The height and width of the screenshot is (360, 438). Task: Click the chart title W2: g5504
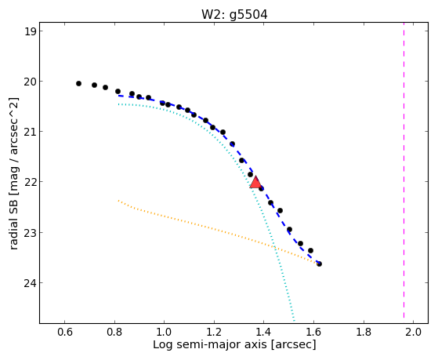tap(234, 15)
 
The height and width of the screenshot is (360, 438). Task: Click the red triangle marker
tap(255, 183)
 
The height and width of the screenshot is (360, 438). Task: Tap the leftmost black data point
tap(79, 83)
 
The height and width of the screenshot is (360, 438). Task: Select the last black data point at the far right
tap(319, 264)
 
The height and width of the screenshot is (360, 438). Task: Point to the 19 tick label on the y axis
tap(30, 31)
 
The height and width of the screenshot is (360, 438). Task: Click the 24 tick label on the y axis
tap(29, 283)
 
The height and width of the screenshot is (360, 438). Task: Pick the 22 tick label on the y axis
tap(29, 182)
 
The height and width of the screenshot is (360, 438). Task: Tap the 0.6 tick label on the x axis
tap(65, 333)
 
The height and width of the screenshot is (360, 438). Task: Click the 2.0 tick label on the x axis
tap(413, 333)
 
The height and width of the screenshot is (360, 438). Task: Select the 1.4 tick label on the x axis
tap(264, 333)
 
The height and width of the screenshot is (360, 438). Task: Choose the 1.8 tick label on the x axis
tap(364, 333)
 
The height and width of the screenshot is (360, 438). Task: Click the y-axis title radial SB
tap(13, 223)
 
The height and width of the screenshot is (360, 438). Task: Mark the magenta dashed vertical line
tap(404, 170)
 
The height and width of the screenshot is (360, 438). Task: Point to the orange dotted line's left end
tap(118, 200)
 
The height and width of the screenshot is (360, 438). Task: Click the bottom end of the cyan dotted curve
tap(294, 320)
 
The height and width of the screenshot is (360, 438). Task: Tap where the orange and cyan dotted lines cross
tap(274, 247)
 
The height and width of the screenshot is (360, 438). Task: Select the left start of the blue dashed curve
tap(118, 96)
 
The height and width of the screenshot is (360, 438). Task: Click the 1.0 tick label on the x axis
tap(165, 333)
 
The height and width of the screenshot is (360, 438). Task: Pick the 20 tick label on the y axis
tap(29, 82)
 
